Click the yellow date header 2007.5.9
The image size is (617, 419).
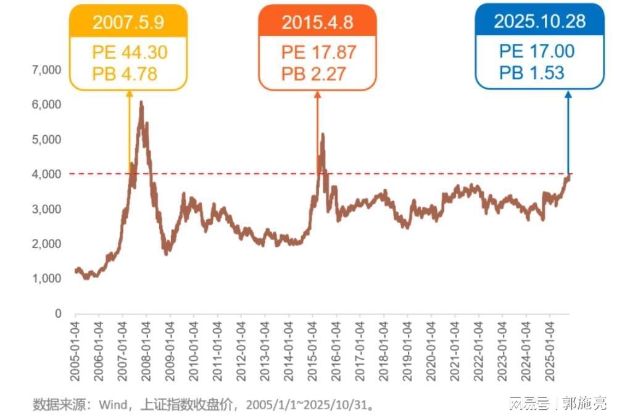pos(128,22)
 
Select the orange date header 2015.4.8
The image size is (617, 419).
pos(317,22)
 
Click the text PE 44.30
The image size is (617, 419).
pos(129,52)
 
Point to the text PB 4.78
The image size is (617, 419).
pos(125,74)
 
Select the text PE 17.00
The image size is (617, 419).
pos(537,51)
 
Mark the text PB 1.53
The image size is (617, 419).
pos(532,72)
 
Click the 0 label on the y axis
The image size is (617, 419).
pos(58,313)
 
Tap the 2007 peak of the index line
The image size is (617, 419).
pos(141,102)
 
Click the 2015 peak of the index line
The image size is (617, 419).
pos(322,134)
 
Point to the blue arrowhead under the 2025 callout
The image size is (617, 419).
pos(568,94)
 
